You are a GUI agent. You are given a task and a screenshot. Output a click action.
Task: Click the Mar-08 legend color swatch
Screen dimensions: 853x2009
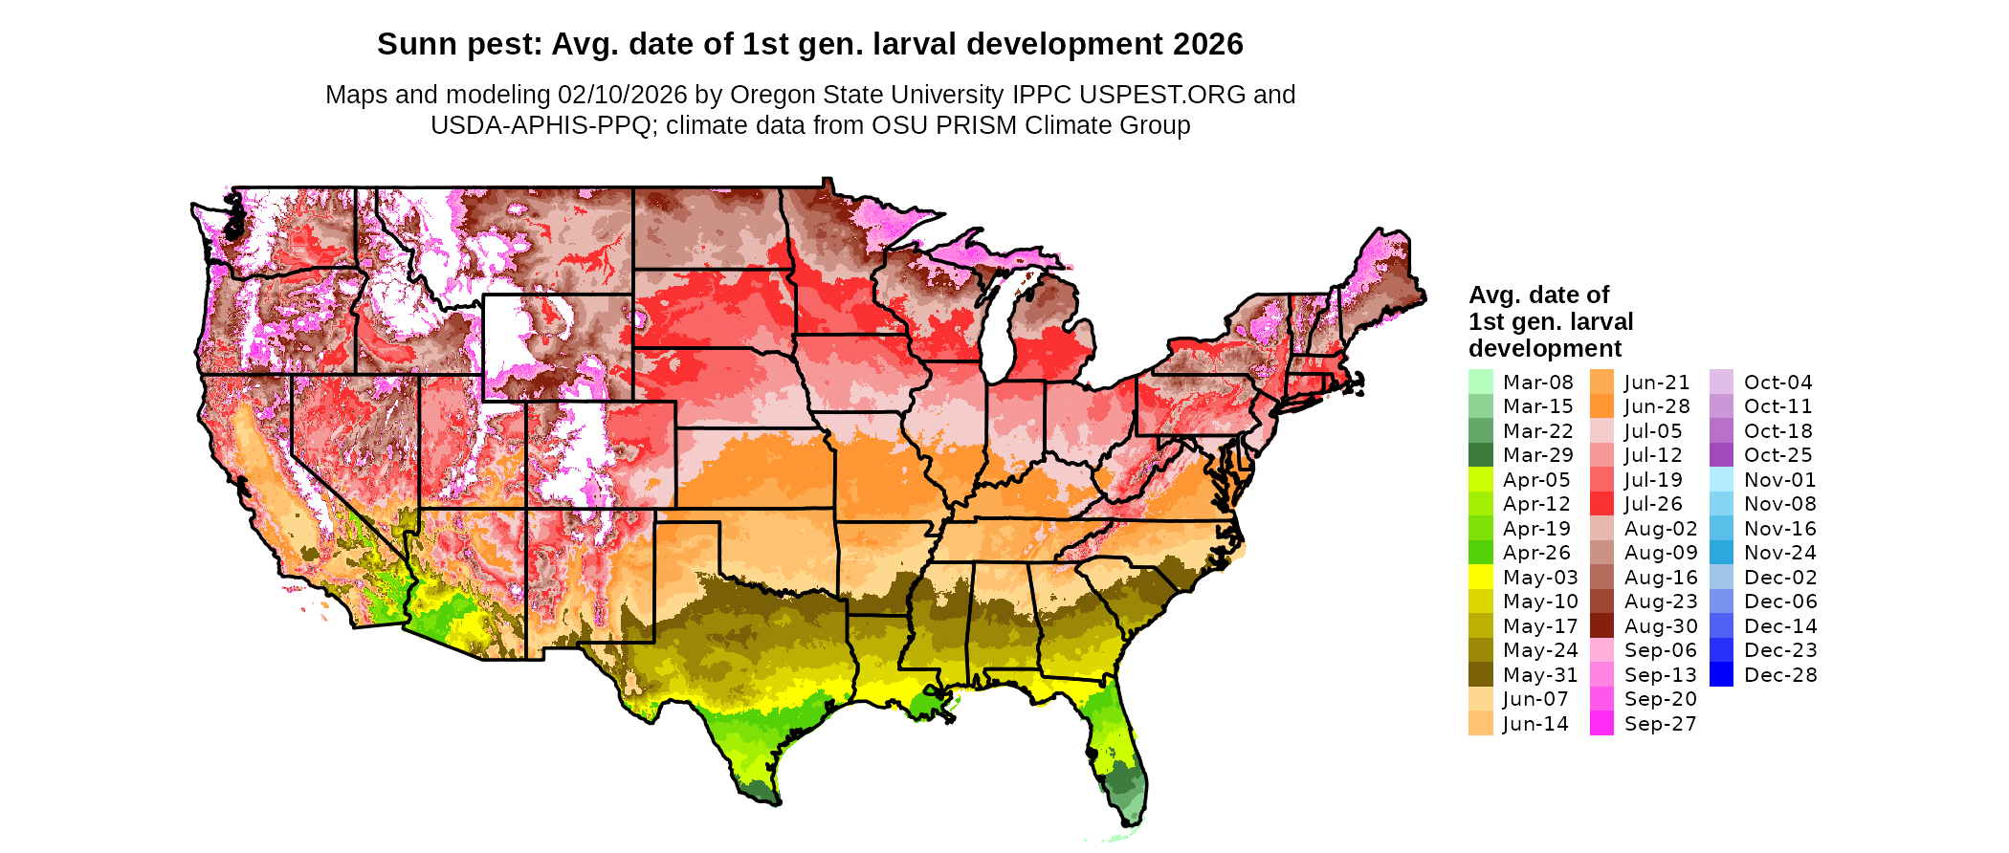tap(1480, 383)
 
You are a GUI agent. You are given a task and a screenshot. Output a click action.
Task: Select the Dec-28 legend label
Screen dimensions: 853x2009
tap(1779, 675)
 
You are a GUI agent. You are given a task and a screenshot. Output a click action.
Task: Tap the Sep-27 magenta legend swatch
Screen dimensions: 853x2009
tap(1601, 724)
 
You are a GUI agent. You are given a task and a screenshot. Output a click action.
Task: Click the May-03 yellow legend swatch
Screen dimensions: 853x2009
tap(1480, 578)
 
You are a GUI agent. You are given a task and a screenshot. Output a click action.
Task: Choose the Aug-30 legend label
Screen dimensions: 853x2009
tap(1660, 626)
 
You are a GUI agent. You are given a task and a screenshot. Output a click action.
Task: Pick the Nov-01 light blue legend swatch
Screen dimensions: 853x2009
tap(1721, 480)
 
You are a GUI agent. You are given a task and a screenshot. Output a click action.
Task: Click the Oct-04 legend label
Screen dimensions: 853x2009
tap(1777, 383)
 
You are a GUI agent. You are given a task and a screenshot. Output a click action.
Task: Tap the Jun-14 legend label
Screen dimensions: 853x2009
tap(1535, 724)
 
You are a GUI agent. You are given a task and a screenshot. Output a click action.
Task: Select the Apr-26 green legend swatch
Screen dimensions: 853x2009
tap(1480, 553)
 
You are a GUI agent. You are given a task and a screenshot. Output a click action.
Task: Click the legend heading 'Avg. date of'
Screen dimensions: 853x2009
tap(1538, 295)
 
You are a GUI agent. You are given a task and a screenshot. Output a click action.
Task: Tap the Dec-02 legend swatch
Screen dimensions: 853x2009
tap(1721, 578)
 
